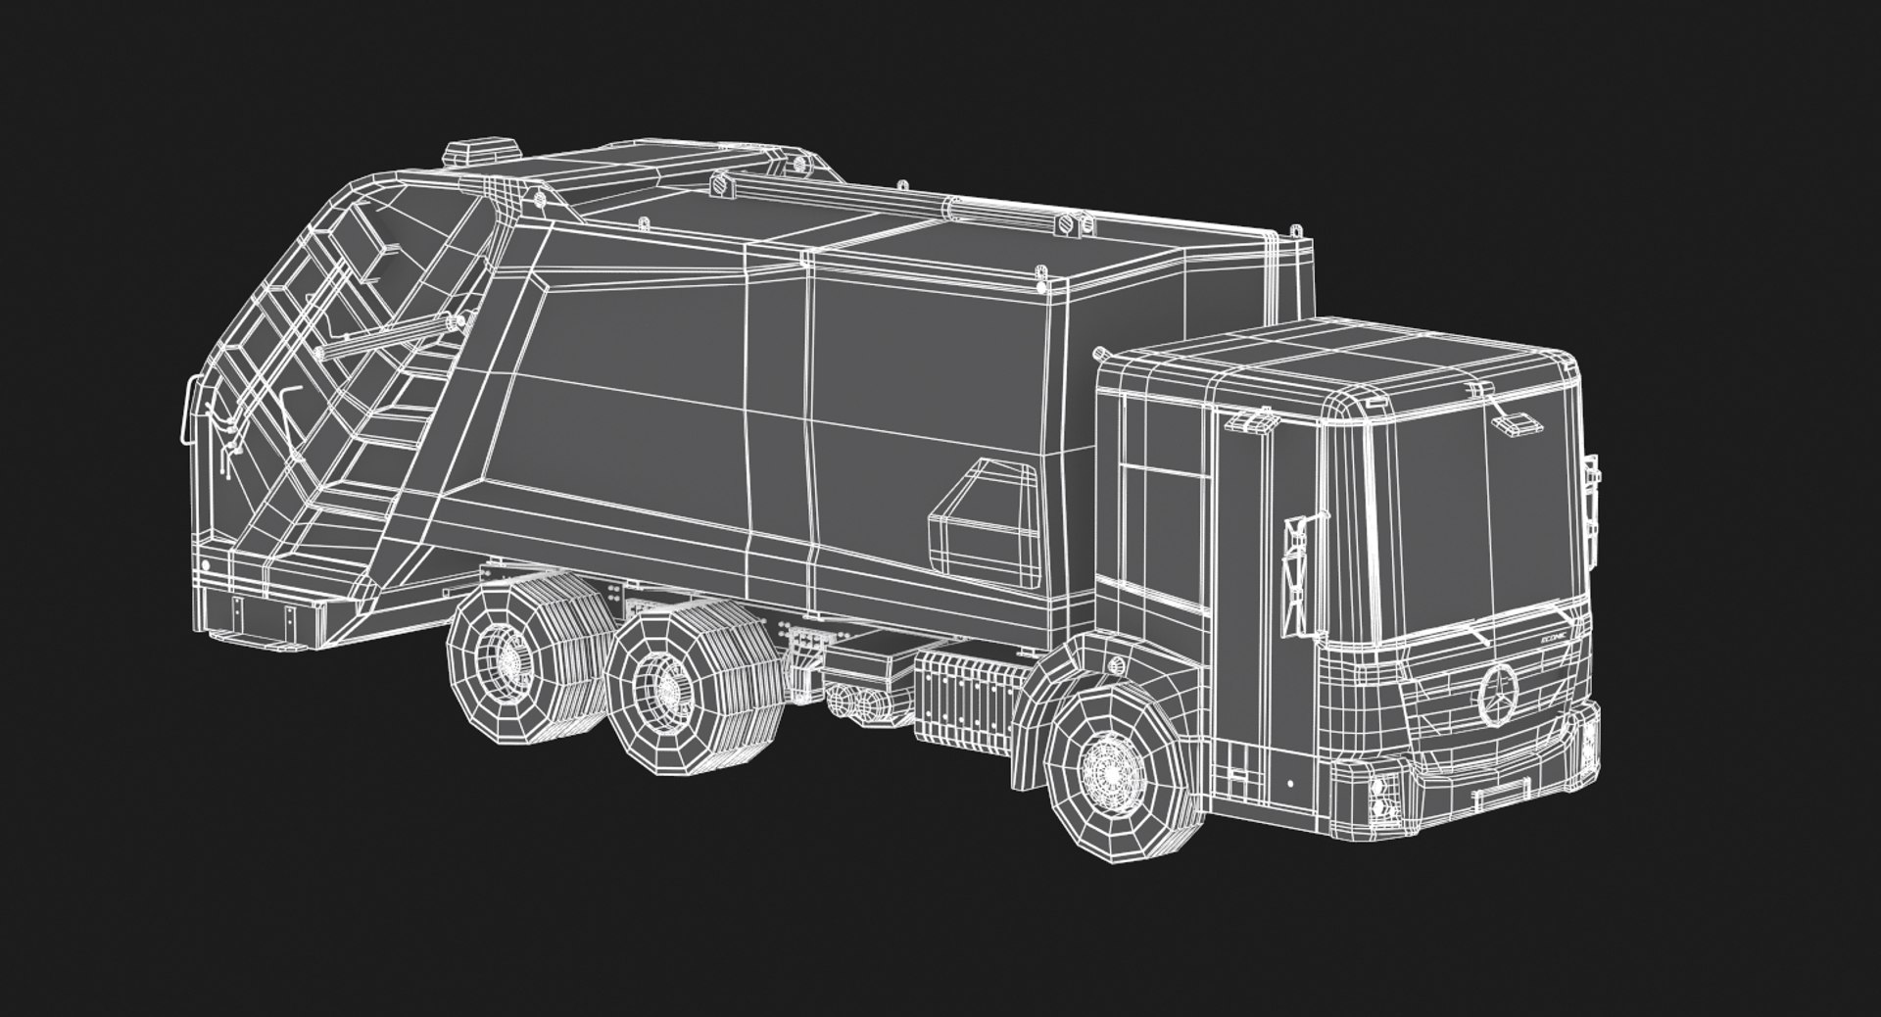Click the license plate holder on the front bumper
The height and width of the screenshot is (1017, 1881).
(x=1504, y=791)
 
